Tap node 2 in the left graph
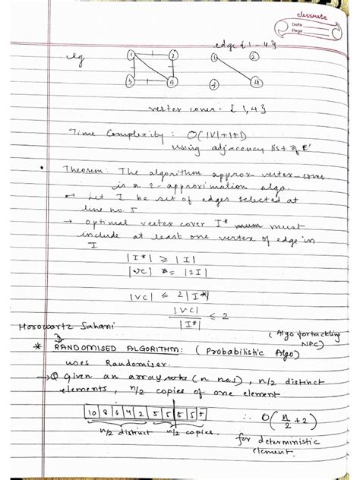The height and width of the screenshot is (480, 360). pos(174,55)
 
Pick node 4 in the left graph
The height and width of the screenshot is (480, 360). pos(173,81)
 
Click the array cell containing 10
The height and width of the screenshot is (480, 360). pos(93,412)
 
